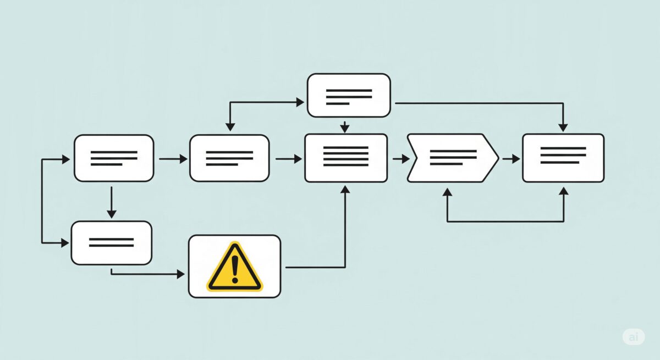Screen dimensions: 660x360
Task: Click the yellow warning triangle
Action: pos(234,267)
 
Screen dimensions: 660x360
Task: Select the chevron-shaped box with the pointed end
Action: pos(453,158)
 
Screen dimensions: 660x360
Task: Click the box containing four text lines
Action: pos(346,158)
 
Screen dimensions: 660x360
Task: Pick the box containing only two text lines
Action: pos(112,243)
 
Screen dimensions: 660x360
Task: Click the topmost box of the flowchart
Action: pos(349,96)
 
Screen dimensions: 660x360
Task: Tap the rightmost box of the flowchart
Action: pos(563,158)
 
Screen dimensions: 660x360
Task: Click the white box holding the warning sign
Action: pos(234,267)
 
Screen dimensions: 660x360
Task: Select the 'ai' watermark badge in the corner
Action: pos(634,337)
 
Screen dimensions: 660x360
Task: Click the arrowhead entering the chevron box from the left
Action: pos(406,159)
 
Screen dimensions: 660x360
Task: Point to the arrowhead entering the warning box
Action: pos(180,274)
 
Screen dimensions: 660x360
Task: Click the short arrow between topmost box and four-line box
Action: pos(344,127)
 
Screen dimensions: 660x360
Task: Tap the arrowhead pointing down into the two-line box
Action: pos(111,214)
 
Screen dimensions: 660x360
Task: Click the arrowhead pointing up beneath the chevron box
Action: pos(447,192)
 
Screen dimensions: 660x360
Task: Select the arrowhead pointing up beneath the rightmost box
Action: pos(564,191)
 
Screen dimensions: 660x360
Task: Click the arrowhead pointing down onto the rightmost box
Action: pos(563,128)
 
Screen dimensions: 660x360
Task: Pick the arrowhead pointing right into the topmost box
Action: pos(300,102)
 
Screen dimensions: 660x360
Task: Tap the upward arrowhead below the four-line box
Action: pos(345,189)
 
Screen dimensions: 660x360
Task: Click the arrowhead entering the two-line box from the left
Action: pos(65,243)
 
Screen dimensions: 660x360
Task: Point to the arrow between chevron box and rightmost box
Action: pos(511,159)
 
